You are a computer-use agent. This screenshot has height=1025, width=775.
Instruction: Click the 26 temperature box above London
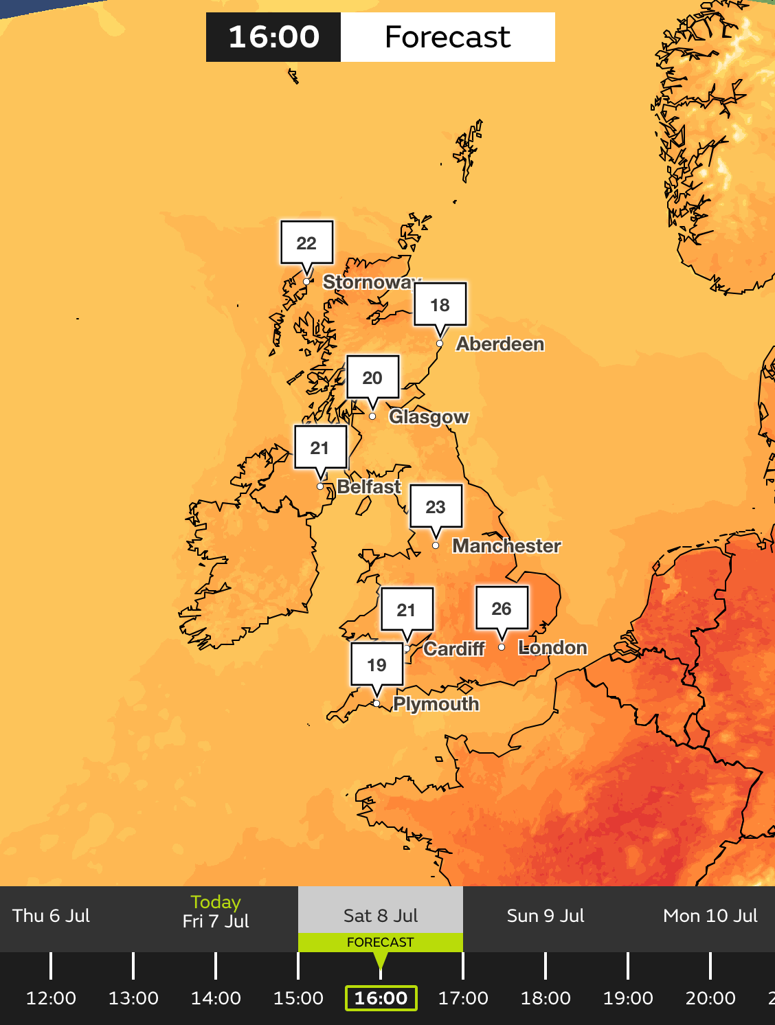[502, 608]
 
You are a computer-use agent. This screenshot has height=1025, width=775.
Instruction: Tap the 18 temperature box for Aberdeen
[440, 304]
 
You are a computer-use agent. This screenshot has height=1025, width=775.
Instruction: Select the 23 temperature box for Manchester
[436, 506]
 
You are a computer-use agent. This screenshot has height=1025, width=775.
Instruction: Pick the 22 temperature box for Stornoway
[306, 243]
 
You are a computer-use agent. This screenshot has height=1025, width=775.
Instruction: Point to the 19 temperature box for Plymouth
[377, 664]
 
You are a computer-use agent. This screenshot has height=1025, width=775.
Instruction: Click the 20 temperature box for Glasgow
[372, 377]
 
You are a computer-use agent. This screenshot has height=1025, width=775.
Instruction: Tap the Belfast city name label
[369, 486]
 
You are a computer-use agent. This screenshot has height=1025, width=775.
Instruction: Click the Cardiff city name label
[454, 649]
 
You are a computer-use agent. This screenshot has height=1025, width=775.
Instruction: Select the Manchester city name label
[506, 545]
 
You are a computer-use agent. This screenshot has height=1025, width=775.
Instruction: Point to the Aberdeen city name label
[500, 343]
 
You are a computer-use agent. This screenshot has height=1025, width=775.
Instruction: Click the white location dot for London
[502, 647]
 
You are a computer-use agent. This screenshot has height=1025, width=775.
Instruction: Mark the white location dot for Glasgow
[372, 416]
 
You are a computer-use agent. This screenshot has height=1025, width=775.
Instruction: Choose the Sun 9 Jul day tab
[546, 916]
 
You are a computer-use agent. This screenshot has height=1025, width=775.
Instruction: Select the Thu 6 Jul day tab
[52, 916]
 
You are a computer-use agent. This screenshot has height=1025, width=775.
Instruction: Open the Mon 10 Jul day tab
[710, 916]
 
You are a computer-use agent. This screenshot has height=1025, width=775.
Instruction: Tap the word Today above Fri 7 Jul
[216, 901]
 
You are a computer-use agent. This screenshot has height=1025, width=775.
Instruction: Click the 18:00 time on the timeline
[546, 998]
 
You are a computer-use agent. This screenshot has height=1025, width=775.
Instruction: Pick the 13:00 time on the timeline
[133, 998]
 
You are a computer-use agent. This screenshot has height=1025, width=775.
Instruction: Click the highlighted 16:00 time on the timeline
[381, 998]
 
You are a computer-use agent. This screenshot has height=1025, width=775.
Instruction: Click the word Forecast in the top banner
[447, 37]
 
